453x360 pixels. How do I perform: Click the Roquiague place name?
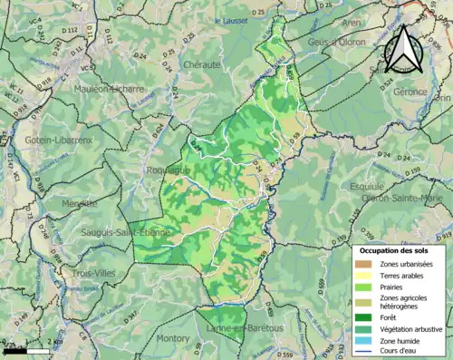tap(167, 169)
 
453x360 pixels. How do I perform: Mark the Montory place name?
tap(173, 337)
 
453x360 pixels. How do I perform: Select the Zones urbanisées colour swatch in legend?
tap(365, 263)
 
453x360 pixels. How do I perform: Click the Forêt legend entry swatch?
tap(365, 316)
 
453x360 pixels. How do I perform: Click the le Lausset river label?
tap(230, 20)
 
